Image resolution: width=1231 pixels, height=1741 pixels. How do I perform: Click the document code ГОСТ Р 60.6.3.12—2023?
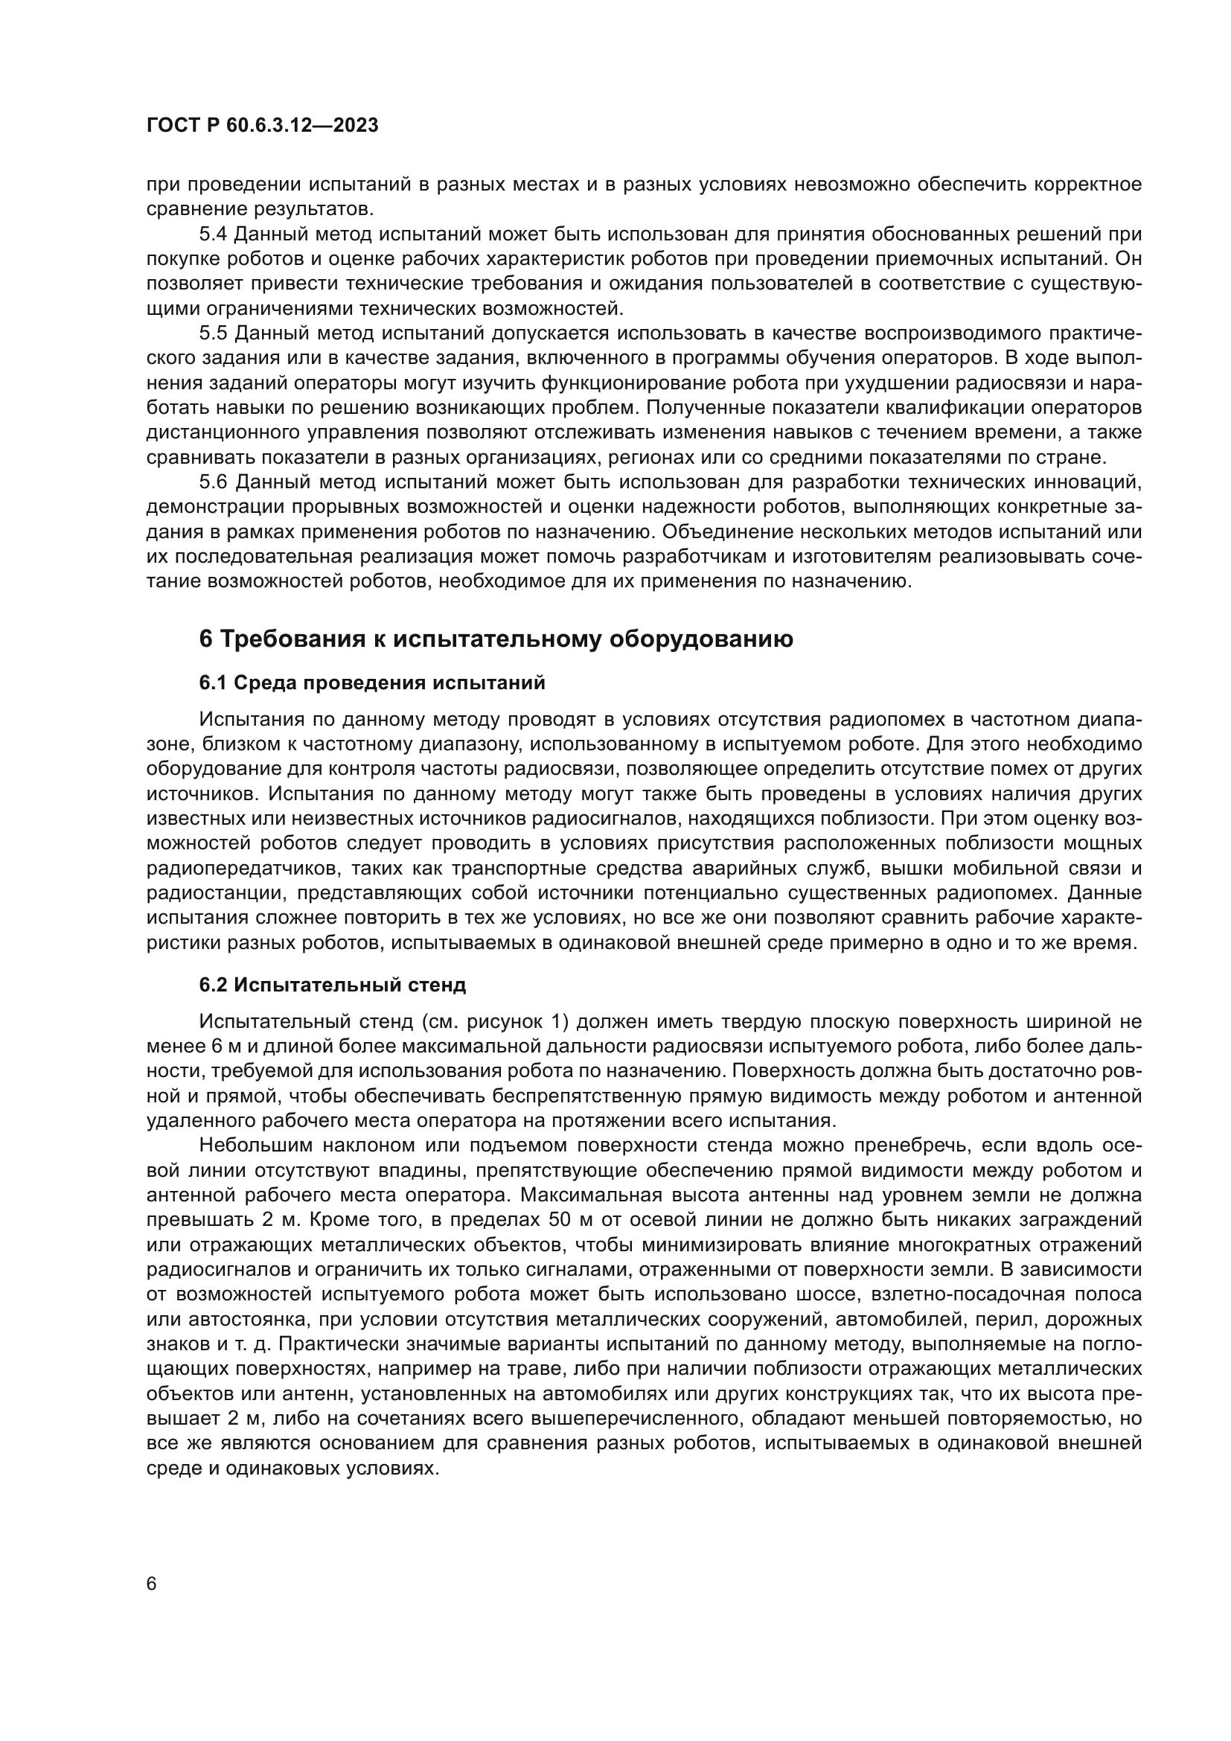click(262, 126)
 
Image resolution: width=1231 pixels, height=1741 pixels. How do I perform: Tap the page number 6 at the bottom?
click(152, 1585)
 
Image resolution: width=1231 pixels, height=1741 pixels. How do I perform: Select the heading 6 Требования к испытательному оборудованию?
click(496, 639)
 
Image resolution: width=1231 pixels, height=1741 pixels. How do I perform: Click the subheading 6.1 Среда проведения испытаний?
click(372, 683)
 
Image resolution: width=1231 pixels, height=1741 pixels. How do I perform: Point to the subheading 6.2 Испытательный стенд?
click(333, 985)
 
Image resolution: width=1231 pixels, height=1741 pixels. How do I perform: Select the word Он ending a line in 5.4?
click(1129, 259)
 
